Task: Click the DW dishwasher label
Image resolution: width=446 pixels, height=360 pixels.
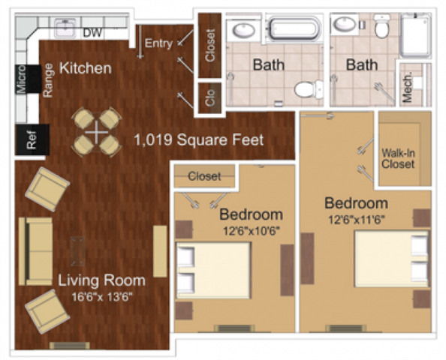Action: tap(92, 32)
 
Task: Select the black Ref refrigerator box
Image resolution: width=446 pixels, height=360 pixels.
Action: tap(32, 140)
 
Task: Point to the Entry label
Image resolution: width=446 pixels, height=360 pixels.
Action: tap(158, 43)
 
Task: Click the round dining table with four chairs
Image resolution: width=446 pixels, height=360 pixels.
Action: tap(97, 132)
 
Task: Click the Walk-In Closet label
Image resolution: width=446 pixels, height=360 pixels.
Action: tap(398, 158)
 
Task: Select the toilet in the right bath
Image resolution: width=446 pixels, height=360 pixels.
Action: tap(382, 28)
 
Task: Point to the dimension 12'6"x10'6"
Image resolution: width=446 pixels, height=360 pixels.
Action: tap(251, 230)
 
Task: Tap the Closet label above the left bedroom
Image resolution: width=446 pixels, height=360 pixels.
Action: tap(204, 177)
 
